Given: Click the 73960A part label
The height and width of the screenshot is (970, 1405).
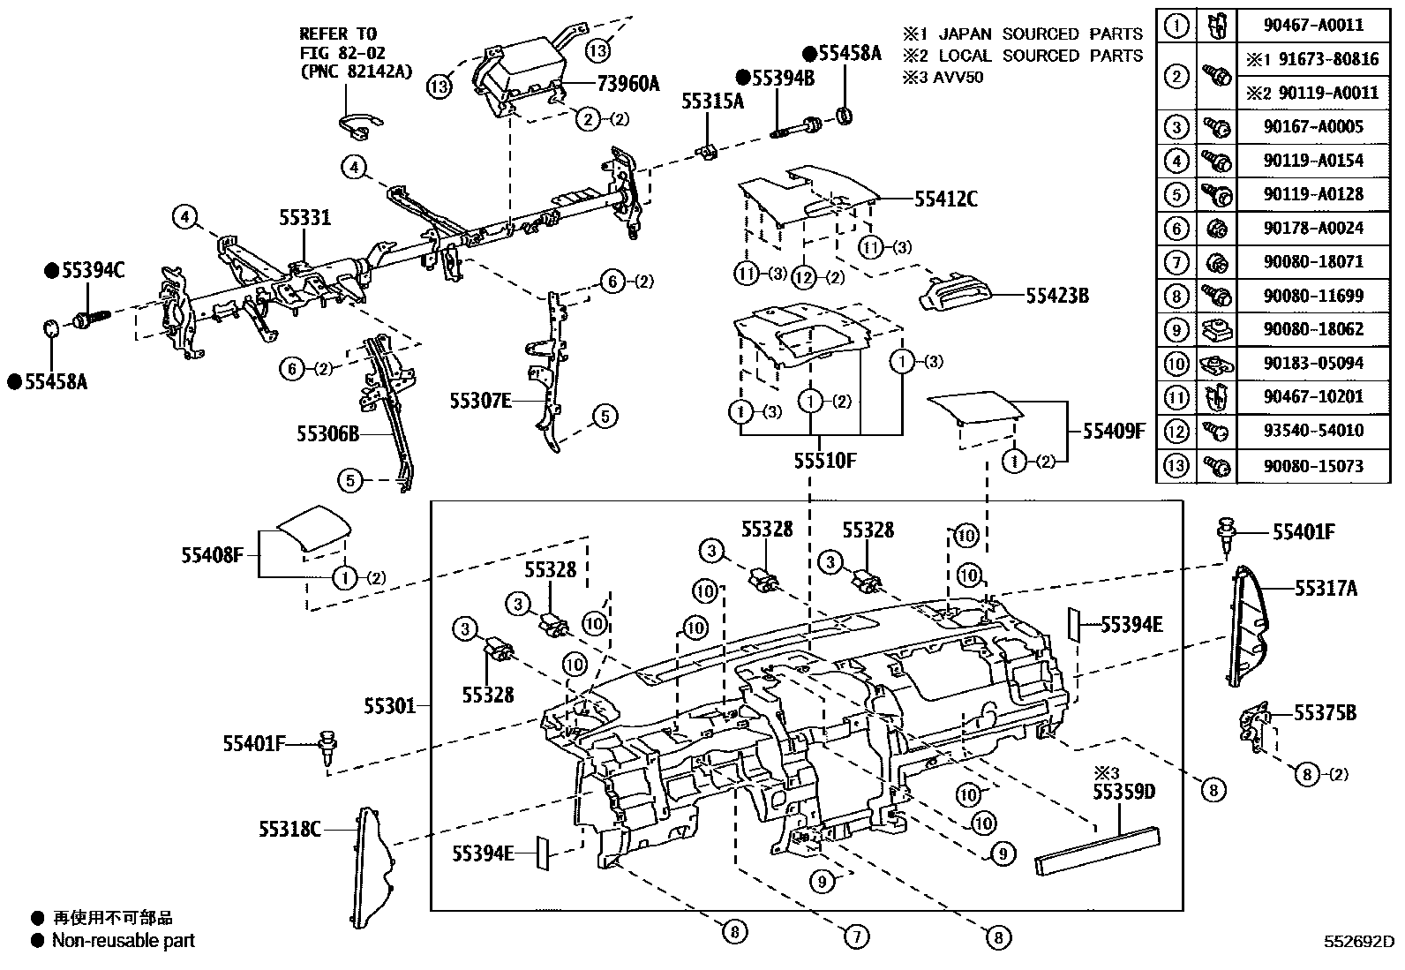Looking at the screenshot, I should pos(628,84).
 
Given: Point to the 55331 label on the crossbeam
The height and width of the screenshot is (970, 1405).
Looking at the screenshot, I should pos(305,216).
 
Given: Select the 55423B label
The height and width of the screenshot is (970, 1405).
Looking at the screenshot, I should pos(1056,296).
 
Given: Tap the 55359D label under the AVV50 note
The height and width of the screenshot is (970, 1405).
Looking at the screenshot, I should pos(1123,792).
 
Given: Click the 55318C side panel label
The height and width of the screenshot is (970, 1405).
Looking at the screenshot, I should pos(289,829).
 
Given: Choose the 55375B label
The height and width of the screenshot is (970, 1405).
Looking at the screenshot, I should pos(1325,713).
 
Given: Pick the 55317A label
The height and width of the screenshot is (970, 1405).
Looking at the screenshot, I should pos(1326,588).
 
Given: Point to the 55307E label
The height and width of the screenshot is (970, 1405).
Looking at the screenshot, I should pos(480,402).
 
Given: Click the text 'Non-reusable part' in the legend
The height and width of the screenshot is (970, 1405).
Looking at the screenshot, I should pos(123,941).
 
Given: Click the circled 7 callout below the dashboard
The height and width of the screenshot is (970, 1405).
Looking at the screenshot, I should pos(856,936).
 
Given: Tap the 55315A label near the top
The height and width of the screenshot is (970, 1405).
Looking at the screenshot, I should pos(712,102).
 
